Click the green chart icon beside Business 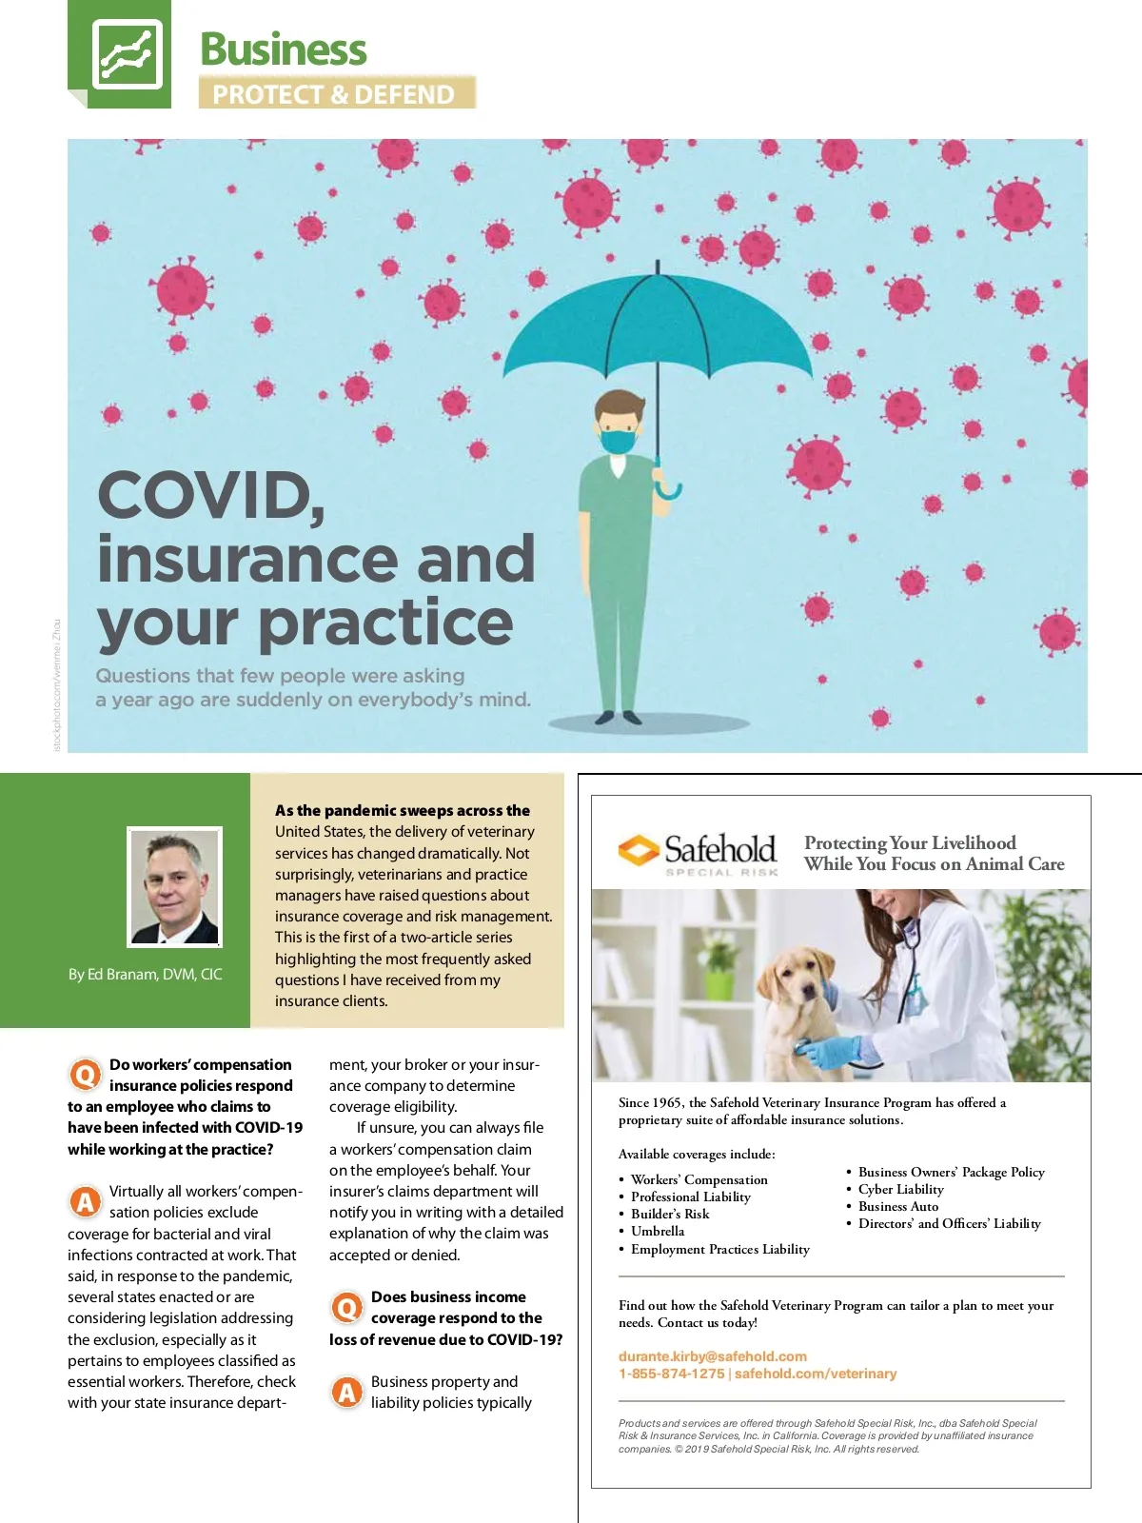tap(127, 54)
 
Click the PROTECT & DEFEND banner tap(335, 93)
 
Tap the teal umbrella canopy tap(657, 324)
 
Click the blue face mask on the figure tap(619, 441)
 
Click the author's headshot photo tap(175, 886)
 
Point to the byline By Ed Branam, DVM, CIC tap(145, 974)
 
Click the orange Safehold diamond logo tap(639, 849)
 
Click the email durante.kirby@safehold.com tap(712, 1355)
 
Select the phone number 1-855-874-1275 tap(671, 1374)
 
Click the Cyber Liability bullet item tap(900, 1189)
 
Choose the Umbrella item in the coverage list tap(657, 1231)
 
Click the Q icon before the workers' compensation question tap(86, 1075)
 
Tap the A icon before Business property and tap(347, 1392)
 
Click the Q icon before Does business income tap(347, 1307)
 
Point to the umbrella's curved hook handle tap(668, 489)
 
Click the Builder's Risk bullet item tap(669, 1214)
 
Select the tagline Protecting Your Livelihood tap(910, 842)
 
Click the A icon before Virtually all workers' tap(86, 1201)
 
